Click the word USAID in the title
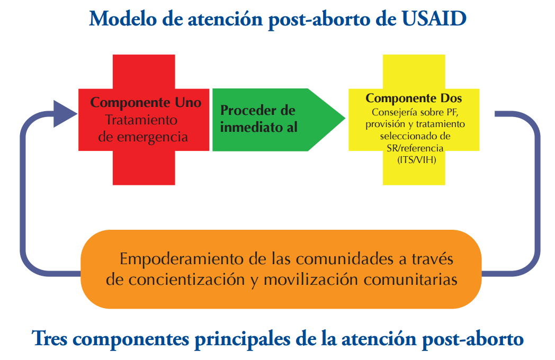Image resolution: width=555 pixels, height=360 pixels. pos(434,19)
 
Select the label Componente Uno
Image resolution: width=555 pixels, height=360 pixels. pos(146,102)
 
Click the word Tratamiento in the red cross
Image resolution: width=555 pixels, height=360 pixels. pos(141,120)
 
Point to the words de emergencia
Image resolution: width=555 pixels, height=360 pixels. pos(143,137)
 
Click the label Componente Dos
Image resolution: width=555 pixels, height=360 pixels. pos(414,98)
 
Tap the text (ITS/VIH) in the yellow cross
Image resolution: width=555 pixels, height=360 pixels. pos(417,160)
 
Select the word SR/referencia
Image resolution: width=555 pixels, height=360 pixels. pos(415,148)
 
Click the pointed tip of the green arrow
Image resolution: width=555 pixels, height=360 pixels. pos(345,118)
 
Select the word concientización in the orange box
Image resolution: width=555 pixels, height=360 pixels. pos(186,280)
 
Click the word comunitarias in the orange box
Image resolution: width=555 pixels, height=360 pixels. pos(410,280)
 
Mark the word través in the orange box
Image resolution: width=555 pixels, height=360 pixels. pos(432,259)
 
